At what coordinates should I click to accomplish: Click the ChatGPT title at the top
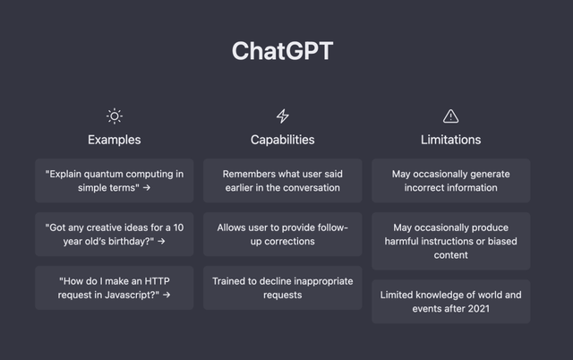pyautogui.click(x=282, y=51)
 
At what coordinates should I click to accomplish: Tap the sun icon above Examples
pyautogui.click(x=114, y=116)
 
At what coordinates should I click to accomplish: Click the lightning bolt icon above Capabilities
pyautogui.click(x=282, y=116)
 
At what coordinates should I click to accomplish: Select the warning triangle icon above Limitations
pyautogui.click(x=450, y=116)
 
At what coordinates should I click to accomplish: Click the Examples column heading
pyautogui.click(x=114, y=140)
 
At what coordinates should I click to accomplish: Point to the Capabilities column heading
pyautogui.click(x=282, y=140)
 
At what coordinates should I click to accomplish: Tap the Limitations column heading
pyautogui.click(x=450, y=140)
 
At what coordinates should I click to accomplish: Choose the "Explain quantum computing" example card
pyautogui.click(x=114, y=181)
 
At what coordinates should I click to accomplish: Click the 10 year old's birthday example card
pyautogui.click(x=114, y=234)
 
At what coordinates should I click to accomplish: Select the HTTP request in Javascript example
pyautogui.click(x=114, y=287)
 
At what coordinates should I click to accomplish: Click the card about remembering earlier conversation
pyautogui.click(x=282, y=181)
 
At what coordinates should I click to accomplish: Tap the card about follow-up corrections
pyautogui.click(x=282, y=234)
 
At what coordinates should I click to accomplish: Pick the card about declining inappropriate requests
pyautogui.click(x=282, y=287)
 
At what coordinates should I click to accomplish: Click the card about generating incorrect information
pyautogui.click(x=450, y=181)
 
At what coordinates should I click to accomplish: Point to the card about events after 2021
pyautogui.click(x=450, y=301)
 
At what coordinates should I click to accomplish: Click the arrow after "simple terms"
pyautogui.click(x=147, y=188)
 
